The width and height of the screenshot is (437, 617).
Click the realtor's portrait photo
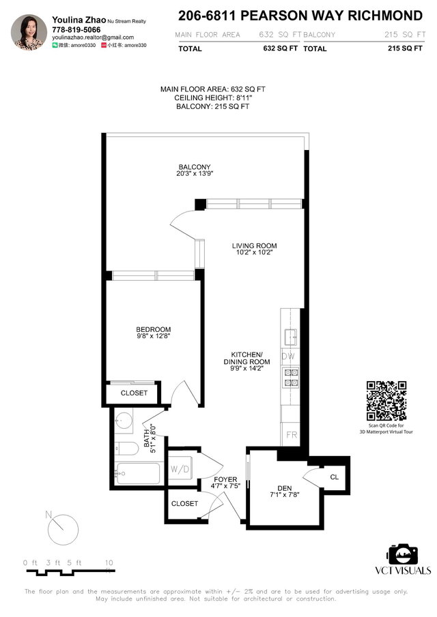click(x=29, y=32)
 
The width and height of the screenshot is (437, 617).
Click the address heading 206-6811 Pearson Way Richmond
click(x=300, y=15)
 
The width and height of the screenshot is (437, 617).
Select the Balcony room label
click(x=195, y=167)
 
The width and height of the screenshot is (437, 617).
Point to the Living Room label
click(x=254, y=245)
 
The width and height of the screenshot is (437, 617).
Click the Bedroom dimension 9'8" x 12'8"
click(x=153, y=336)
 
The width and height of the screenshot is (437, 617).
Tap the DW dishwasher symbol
click(x=288, y=356)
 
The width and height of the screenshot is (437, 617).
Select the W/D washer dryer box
click(x=180, y=468)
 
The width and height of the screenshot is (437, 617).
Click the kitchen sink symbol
click(x=290, y=335)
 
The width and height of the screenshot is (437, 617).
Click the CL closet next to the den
click(x=334, y=477)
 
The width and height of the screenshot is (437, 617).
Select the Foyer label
click(x=221, y=480)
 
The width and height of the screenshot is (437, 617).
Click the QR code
click(x=386, y=400)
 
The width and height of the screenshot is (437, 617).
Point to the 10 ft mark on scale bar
click(x=109, y=562)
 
